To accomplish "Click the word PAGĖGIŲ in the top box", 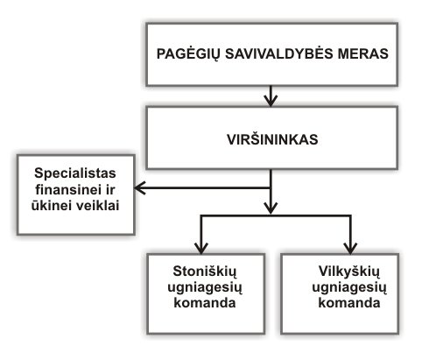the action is (x=187, y=54).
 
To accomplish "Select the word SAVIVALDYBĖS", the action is (x=279, y=53).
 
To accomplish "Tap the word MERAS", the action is (x=363, y=53).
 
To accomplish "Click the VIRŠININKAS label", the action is (x=272, y=139).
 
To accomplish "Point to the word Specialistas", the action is (x=75, y=173).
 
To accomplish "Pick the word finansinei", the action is (x=67, y=189).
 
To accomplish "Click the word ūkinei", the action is (x=49, y=205).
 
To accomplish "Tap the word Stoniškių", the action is (x=205, y=272).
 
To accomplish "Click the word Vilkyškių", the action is (x=349, y=272).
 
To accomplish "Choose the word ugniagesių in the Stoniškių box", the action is (x=205, y=288).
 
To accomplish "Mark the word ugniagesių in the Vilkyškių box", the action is (x=349, y=288).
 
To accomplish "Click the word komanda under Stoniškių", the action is (x=205, y=303).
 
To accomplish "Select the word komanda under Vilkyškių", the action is (x=349, y=303).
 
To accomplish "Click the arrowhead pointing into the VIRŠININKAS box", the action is (x=271, y=101).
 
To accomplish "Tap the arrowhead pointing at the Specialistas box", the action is (x=140, y=187).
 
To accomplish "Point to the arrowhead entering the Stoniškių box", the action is (x=201, y=248).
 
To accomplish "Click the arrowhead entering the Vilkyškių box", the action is (x=350, y=248).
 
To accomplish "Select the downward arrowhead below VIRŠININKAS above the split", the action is (x=271, y=208).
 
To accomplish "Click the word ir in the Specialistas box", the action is (x=109, y=189).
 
